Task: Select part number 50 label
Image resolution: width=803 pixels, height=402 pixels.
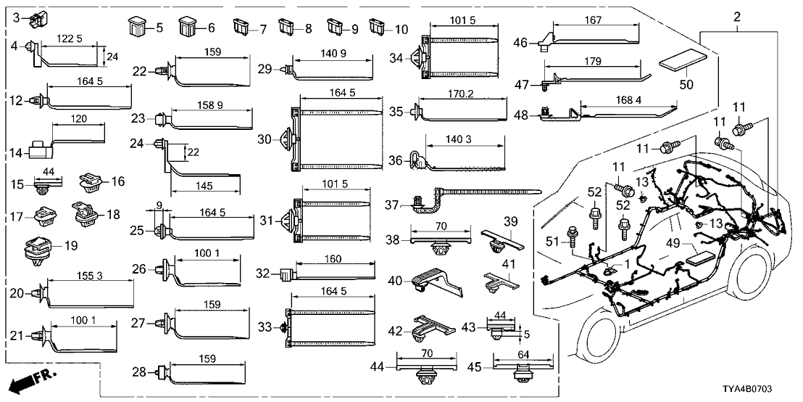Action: pos(686,84)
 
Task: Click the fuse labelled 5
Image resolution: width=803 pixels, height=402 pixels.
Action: pos(137,29)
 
